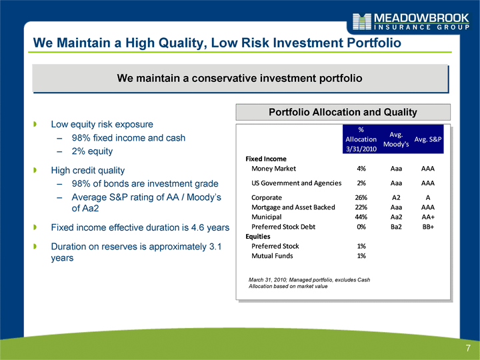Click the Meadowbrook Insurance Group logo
point(411,21)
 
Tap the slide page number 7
point(468,348)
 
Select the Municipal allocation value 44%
point(361,217)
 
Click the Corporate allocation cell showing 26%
point(361,198)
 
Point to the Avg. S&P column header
point(427,139)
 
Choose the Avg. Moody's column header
point(396,139)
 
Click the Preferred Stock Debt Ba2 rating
point(396,227)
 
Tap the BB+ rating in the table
point(428,227)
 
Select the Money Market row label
point(274,169)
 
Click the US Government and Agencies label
point(296,183)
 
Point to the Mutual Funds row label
point(272,256)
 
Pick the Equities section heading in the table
point(258,237)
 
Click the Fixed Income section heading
point(266,159)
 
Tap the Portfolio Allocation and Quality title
point(343,112)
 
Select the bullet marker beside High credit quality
point(35,170)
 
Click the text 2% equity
point(92,151)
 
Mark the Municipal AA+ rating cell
point(428,217)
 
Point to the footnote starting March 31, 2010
point(309,283)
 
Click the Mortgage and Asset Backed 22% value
point(361,207)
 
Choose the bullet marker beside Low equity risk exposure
point(35,124)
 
